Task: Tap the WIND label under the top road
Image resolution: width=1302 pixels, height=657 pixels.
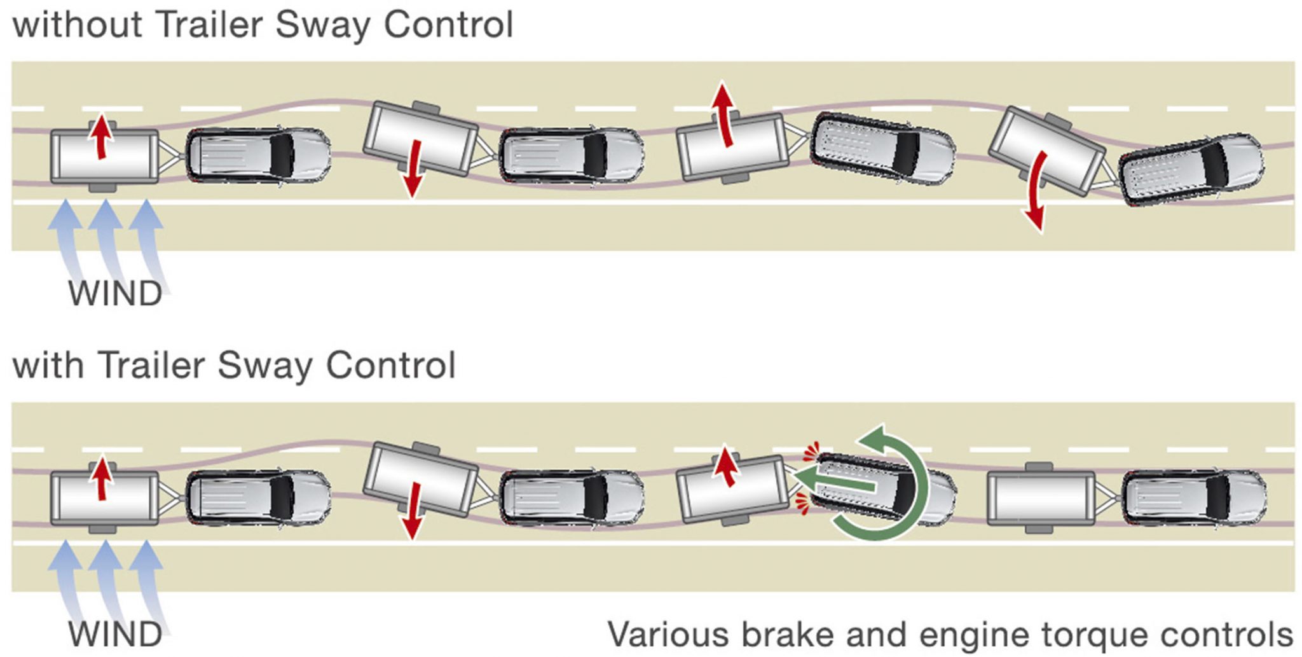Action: [x=115, y=294]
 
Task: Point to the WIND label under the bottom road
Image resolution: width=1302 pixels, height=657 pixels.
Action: [x=115, y=635]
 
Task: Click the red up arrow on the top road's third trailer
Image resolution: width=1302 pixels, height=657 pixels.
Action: [x=724, y=114]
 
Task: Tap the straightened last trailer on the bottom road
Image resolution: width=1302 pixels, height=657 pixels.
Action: [x=1041, y=498]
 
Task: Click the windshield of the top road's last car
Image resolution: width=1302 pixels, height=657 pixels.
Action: [x=1215, y=165]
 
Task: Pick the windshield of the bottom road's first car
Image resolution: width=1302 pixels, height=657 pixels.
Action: [x=282, y=497]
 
